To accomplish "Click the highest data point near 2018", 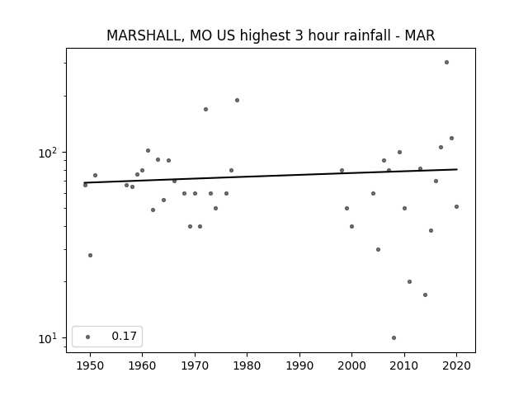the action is (446, 63).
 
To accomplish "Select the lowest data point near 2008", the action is (394, 337).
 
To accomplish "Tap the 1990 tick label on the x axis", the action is (299, 365).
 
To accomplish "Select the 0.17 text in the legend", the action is (124, 336).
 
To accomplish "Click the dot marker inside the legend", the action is (88, 337).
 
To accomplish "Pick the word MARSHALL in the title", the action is (144, 35).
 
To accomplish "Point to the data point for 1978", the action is (237, 101).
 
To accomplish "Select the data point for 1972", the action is (205, 110).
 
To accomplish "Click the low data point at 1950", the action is (90, 255).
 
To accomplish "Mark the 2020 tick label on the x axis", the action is (456, 365).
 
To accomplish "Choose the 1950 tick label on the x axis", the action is (90, 365).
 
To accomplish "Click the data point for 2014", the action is (426, 295).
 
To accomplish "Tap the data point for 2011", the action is (409, 282).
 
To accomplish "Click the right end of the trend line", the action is (457, 169).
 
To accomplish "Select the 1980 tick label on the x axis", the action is (247, 365).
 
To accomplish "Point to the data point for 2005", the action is (378, 249).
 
